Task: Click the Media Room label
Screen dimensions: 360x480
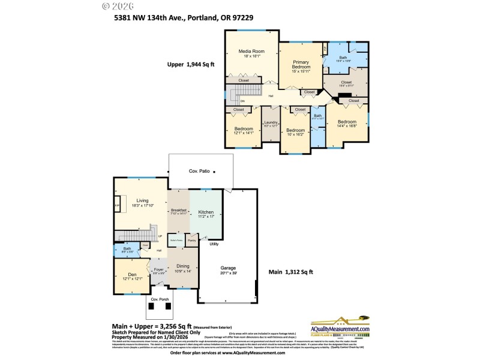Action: coord(251,52)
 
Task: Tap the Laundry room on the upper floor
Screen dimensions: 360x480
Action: coord(271,124)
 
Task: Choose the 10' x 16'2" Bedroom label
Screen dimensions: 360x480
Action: coord(295,130)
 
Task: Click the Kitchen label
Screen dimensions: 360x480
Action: coord(206,212)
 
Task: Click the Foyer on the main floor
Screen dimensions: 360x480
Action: coord(158,270)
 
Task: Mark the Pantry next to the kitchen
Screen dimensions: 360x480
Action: coord(192,241)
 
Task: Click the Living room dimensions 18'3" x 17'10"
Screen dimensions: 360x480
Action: coord(142,206)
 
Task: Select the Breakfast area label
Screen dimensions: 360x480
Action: coord(179,211)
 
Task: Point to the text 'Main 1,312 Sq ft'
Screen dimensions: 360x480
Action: coord(290,272)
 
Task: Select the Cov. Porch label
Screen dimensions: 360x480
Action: coord(159,299)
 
